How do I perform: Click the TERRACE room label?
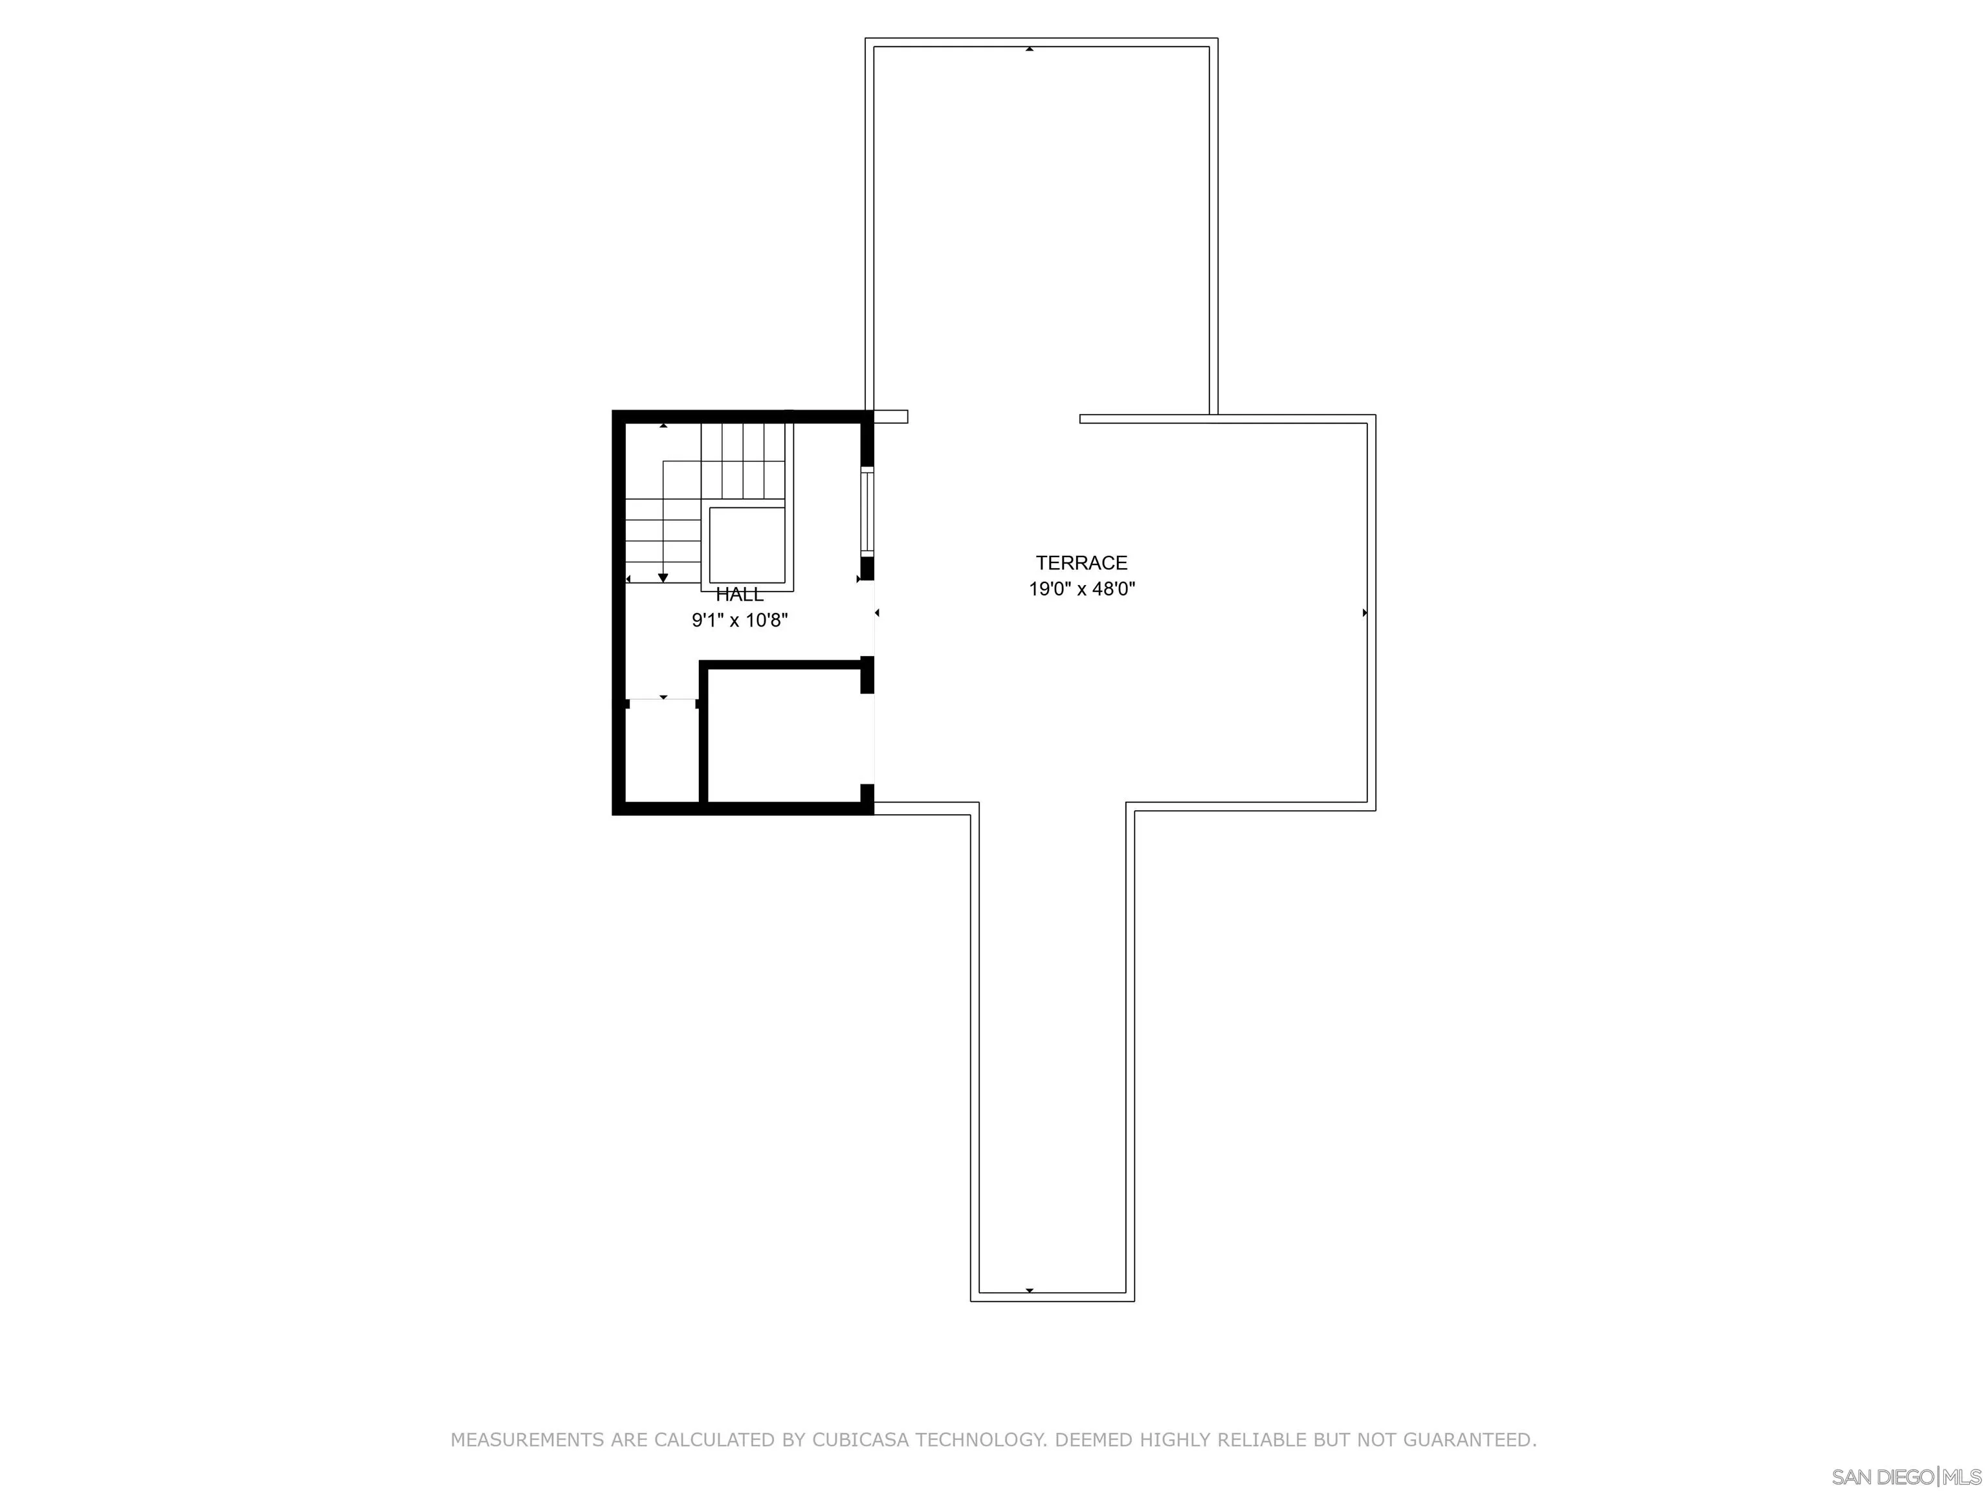[1081, 562]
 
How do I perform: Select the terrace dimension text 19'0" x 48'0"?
[1082, 590]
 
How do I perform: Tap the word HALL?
[740, 595]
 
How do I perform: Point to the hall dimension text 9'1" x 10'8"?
[740, 620]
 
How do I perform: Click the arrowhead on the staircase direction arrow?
[663, 577]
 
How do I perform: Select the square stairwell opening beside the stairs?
[747, 546]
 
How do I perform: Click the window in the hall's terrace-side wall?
[867, 511]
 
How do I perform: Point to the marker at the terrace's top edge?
[1029, 49]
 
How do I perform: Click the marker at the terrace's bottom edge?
[1029, 1290]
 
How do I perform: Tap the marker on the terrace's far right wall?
[1364, 613]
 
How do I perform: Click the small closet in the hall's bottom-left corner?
[661, 751]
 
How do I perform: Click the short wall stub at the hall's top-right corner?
[890, 417]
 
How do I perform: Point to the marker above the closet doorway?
[663, 696]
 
